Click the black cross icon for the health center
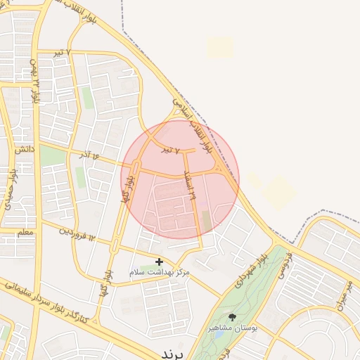[x=159, y=262]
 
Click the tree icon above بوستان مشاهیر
[x=233, y=317]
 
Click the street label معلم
[x=25, y=231]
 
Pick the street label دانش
[x=23, y=149]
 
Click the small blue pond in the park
[x=218, y=334]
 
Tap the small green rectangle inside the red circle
[x=206, y=220]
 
